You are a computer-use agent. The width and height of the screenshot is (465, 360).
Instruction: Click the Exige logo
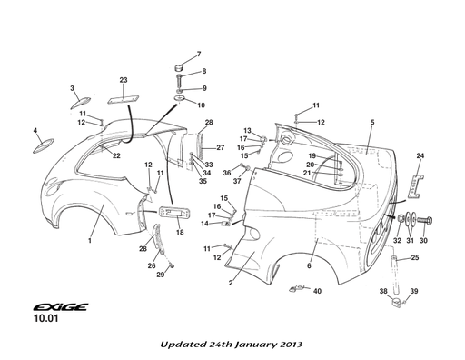click(x=61, y=307)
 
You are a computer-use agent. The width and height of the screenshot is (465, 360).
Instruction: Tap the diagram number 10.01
click(x=45, y=318)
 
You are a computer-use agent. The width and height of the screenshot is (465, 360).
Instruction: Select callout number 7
click(x=199, y=55)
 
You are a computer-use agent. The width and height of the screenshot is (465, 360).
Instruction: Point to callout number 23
click(x=124, y=80)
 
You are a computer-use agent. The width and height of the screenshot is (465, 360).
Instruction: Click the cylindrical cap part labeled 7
click(x=179, y=67)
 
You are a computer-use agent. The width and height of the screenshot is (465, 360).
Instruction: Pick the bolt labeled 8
click(x=179, y=80)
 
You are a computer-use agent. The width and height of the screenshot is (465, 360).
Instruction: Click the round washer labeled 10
click(x=180, y=98)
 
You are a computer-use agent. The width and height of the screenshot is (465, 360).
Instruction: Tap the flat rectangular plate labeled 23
click(x=123, y=99)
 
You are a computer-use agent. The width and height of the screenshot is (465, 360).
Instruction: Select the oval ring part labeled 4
click(x=44, y=145)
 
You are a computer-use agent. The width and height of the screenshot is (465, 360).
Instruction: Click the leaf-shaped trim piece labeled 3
click(x=80, y=103)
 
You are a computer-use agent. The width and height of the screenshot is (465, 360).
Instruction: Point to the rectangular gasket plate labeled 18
click(x=174, y=212)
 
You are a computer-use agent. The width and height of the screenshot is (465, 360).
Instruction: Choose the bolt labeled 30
click(x=424, y=220)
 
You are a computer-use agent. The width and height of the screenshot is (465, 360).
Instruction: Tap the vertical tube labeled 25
click(x=395, y=275)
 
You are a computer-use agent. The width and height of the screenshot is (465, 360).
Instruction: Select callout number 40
click(x=317, y=291)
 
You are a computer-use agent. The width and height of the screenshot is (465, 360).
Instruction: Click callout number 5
click(x=372, y=122)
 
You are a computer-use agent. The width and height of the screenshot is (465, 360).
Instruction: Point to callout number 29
click(x=161, y=275)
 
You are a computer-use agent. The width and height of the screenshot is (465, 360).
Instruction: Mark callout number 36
click(x=227, y=173)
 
